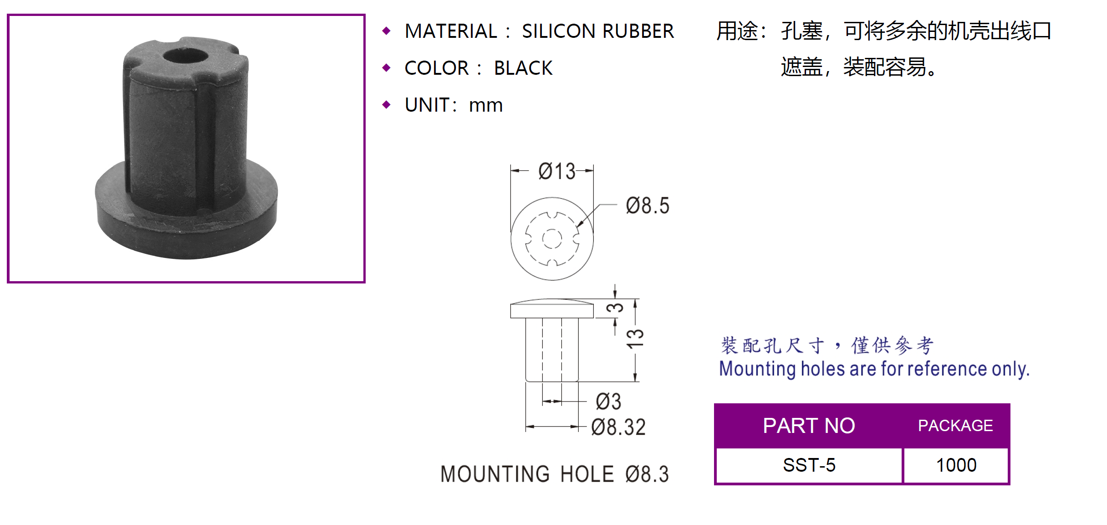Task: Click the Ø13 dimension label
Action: click(x=556, y=171)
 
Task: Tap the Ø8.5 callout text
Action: click(x=647, y=206)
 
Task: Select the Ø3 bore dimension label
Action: click(x=608, y=401)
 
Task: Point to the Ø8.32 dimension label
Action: click(x=618, y=427)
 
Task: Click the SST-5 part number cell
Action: click(x=809, y=465)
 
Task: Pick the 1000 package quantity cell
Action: click(x=956, y=465)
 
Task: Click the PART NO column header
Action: click(x=809, y=426)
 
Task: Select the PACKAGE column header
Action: click(x=955, y=426)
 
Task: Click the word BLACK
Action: click(x=523, y=68)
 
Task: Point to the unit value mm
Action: click(x=485, y=105)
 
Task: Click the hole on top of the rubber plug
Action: click(x=185, y=57)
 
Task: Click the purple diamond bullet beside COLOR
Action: click(x=387, y=68)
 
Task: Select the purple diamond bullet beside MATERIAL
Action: click(x=387, y=31)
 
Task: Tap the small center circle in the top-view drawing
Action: click(x=552, y=238)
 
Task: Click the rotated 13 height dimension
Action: click(x=635, y=339)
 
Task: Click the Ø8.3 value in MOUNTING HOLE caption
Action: click(x=647, y=474)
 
